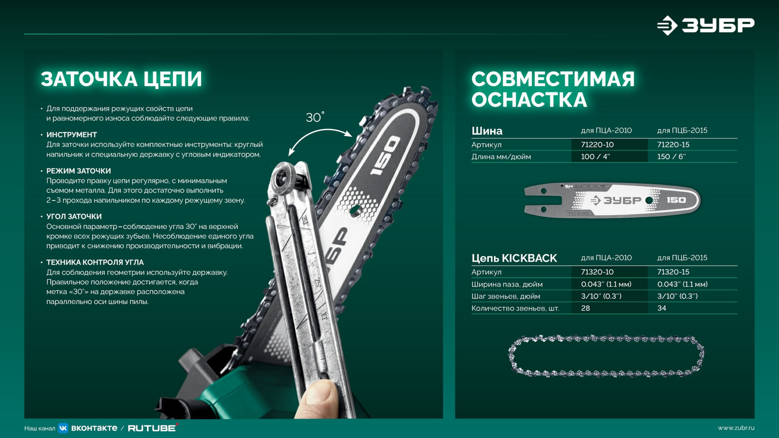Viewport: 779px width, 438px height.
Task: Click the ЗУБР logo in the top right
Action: [x=705, y=25]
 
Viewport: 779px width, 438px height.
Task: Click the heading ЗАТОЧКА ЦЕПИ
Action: [x=121, y=79]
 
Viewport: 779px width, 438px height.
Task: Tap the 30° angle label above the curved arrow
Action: [x=315, y=117]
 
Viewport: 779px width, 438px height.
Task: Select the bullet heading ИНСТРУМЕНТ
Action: [x=72, y=135]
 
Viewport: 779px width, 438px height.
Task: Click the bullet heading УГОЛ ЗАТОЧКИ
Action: [x=74, y=216]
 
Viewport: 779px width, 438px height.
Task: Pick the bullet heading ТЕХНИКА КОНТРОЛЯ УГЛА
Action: [x=95, y=262]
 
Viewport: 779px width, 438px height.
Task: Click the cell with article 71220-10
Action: [x=597, y=144]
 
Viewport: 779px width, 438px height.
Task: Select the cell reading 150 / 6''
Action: [x=671, y=156]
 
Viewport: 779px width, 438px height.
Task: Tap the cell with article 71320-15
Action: [x=673, y=272]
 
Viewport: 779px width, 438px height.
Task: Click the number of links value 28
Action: [x=585, y=308]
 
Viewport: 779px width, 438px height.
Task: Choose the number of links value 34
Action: [x=662, y=308]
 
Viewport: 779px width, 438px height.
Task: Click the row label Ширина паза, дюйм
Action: [x=507, y=284]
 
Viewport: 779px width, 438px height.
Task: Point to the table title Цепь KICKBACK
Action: [x=514, y=258]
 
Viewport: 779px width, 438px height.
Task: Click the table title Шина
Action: [x=487, y=131]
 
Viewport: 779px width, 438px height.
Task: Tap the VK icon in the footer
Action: [x=63, y=428]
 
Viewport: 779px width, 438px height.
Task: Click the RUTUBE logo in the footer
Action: [x=152, y=428]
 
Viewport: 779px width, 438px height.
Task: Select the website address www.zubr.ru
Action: [x=736, y=428]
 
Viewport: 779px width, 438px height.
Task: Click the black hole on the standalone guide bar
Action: [x=649, y=201]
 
